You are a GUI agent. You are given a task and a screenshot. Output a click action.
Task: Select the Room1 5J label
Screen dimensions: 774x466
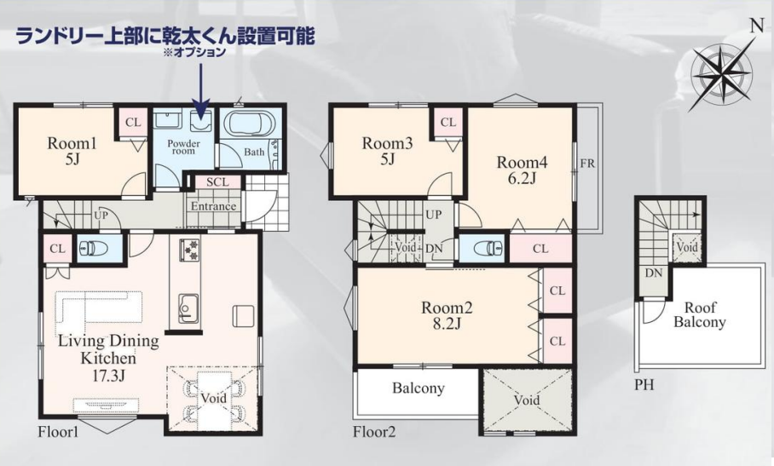tap(72, 151)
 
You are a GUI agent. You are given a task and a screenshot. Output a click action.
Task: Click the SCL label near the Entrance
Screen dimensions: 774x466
tap(217, 182)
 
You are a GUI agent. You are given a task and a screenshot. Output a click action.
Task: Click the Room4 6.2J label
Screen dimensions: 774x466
tap(522, 170)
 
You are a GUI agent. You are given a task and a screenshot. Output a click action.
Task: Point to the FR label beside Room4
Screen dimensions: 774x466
tap(587, 164)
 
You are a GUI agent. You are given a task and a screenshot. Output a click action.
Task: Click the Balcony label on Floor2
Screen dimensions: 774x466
tap(418, 388)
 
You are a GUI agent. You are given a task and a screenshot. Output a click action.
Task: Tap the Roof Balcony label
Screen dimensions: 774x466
tap(700, 314)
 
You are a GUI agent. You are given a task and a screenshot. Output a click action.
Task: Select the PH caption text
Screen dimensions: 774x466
tap(644, 384)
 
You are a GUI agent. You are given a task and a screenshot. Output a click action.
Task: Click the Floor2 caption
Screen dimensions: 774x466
tap(374, 433)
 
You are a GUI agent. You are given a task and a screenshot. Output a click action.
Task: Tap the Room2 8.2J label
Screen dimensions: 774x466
tap(447, 315)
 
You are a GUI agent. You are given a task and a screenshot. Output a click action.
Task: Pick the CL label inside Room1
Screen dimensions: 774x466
tap(133, 123)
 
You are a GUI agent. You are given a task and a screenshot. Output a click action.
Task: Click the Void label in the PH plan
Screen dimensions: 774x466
tap(687, 246)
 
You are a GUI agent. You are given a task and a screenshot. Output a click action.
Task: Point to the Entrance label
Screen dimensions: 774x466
tap(213, 206)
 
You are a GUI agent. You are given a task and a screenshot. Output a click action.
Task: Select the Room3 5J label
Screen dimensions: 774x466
tap(387, 151)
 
